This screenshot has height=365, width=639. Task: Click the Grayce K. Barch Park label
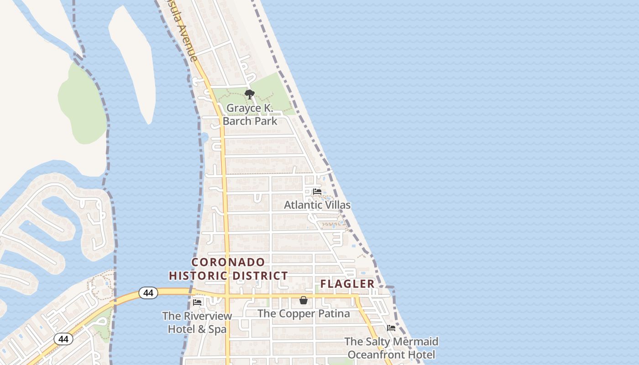(250, 115)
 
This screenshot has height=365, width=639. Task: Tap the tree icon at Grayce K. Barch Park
(249, 94)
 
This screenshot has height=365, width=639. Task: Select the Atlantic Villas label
(317, 205)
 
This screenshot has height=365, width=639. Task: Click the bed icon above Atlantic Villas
(317, 192)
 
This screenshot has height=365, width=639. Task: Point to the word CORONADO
(228, 262)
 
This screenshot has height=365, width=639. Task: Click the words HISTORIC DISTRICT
(228, 276)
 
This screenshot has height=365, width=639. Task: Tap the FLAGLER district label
(347, 284)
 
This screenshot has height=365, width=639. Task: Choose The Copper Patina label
(304, 314)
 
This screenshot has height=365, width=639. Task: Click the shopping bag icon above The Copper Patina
(304, 300)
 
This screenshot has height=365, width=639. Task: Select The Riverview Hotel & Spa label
(197, 322)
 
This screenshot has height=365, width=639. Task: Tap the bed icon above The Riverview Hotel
(197, 302)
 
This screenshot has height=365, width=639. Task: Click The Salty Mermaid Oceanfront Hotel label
(391, 348)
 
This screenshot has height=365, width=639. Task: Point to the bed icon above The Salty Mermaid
(391, 328)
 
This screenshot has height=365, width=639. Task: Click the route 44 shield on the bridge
(148, 292)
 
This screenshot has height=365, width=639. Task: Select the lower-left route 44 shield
(63, 339)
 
